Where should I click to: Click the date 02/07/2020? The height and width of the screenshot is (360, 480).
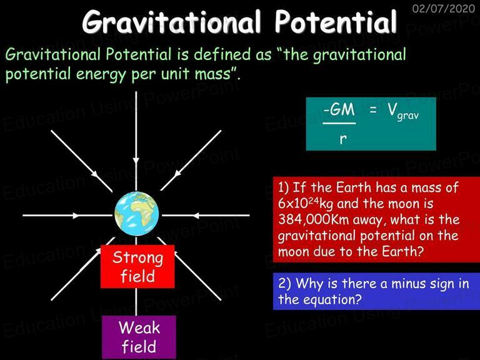click(443, 8)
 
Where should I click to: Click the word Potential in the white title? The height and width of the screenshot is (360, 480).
click(336, 22)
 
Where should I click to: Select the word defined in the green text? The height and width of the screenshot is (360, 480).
click(224, 54)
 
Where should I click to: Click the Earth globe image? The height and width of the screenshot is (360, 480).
click(136, 214)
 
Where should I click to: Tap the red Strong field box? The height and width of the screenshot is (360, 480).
click(137, 266)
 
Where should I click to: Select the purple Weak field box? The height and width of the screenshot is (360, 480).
click(139, 337)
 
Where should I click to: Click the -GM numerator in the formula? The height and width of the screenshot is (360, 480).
click(339, 109)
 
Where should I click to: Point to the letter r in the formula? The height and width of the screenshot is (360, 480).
click(343, 139)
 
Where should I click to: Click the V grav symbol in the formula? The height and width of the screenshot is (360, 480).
click(402, 111)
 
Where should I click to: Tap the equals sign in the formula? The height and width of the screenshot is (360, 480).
click(372, 109)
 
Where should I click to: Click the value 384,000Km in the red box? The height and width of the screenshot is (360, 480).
click(314, 219)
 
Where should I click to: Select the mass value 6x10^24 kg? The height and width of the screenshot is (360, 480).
click(306, 204)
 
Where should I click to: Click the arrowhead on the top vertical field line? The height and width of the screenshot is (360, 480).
click(136, 161)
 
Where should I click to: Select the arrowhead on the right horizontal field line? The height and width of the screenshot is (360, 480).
click(196, 216)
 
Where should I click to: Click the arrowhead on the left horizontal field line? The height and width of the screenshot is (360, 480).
click(76, 216)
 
